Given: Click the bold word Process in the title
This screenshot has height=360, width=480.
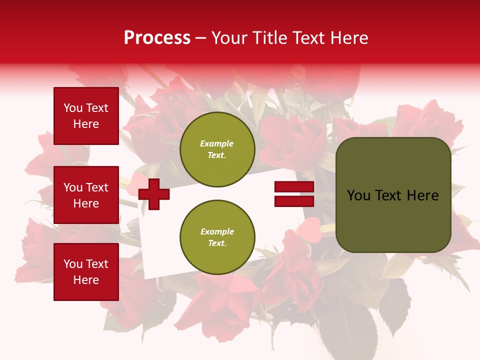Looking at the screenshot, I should (x=157, y=38).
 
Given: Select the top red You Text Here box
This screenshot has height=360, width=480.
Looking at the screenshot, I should (x=86, y=116).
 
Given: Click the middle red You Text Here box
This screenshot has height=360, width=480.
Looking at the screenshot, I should (x=86, y=195).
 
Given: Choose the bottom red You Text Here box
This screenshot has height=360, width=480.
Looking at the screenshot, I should (x=86, y=272).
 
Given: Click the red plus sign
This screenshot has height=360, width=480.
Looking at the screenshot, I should (x=154, y=194).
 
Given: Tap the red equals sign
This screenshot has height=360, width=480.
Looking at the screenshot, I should (x=294, y=194).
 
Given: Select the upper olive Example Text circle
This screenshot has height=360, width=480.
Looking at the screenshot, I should (x=217, y=149).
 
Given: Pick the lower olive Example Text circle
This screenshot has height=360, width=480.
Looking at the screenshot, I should (x=217, y=237).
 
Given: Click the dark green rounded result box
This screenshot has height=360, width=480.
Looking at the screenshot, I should (x=393, y=195).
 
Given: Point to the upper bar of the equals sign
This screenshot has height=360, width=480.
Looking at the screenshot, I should (x=294, y=187).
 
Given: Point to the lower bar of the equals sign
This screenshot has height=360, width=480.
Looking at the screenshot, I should (x=294, y=201).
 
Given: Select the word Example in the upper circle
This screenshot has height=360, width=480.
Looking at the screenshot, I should (x=216, y=143).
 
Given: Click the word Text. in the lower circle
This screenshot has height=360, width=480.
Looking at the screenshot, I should (x=217, y=243).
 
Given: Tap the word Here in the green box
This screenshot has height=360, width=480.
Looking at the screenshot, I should (x=422, y=195).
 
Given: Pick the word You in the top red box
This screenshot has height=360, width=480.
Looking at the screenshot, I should (x=73, y=108).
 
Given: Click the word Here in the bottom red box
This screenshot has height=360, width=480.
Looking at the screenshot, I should (x=86, y=280).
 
